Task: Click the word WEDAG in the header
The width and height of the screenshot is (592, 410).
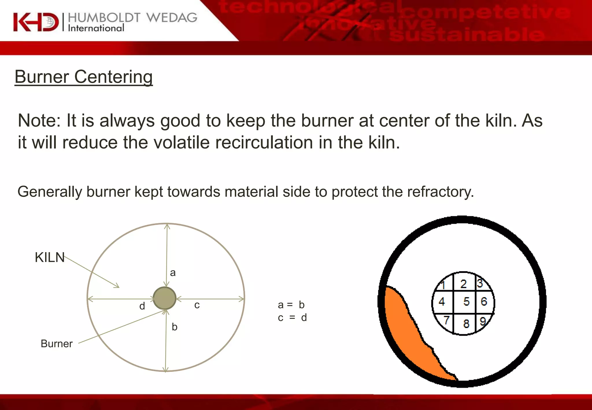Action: [x=172, y=18]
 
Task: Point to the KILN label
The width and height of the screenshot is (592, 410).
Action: [x=50, y=257]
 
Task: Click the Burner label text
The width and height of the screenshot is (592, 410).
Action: [x=57, y=343]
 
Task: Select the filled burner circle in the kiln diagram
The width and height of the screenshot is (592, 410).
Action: [x=164, y=298]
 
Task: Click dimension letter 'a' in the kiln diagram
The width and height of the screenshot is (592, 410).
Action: [x=173, y=273]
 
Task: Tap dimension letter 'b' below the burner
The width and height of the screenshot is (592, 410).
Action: [x=175, y=327]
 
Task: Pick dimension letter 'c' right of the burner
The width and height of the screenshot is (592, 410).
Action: [x=197, y=305]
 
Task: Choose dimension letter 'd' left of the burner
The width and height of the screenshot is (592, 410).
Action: [x=142, y=306]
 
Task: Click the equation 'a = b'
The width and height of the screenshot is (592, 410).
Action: [x=291, y=305]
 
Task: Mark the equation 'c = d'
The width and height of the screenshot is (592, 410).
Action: [x=292, y=318]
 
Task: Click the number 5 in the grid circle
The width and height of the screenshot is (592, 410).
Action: [x=467, y=302]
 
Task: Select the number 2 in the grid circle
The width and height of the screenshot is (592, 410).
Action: [x=463, y=284]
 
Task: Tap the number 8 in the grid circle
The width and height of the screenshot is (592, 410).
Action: [x=466, y=324]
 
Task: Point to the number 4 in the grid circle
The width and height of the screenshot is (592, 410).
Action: [x=442, y=302]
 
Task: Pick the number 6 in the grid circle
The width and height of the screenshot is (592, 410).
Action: [x=484, y=302]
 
